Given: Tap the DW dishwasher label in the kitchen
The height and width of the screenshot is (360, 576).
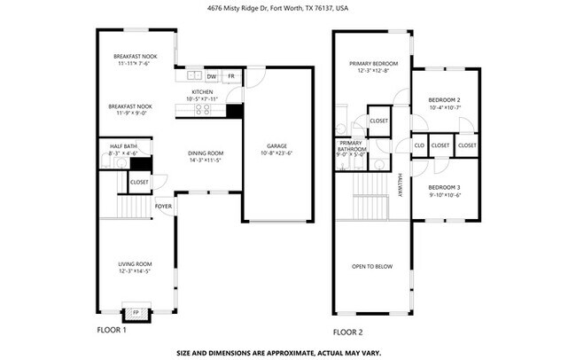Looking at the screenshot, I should [212, 76].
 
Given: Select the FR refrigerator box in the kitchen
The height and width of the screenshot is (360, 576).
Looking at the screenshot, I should [231, 76].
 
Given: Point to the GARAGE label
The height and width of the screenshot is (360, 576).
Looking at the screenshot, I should [278, 145].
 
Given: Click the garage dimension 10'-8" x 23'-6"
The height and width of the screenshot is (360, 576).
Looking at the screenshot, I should [278, 153].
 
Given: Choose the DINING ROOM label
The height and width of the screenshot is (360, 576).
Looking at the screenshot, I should [205, 153].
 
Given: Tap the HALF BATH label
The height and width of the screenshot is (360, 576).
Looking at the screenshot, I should [123, 145].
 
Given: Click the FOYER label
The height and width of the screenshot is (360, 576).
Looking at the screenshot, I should [163, 207].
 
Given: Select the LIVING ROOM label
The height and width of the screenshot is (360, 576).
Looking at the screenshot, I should [136, 263].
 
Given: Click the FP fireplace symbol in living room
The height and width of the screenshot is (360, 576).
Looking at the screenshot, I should [136, 313].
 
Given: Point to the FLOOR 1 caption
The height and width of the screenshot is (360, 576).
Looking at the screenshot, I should [112, 331].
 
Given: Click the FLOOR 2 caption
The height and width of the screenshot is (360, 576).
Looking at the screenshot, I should [347, 332].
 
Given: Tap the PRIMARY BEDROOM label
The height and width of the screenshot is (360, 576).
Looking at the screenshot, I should [373, 63].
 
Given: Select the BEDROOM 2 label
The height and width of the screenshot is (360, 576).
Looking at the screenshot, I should [444, 99].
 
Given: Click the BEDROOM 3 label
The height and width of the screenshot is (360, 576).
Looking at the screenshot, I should [444, 187].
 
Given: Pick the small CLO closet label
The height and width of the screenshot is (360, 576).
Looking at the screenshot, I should [419, 145].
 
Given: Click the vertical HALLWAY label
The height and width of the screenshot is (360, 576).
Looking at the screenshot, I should [400, 185].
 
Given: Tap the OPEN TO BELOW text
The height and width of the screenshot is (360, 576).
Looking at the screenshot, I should [372, 266].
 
